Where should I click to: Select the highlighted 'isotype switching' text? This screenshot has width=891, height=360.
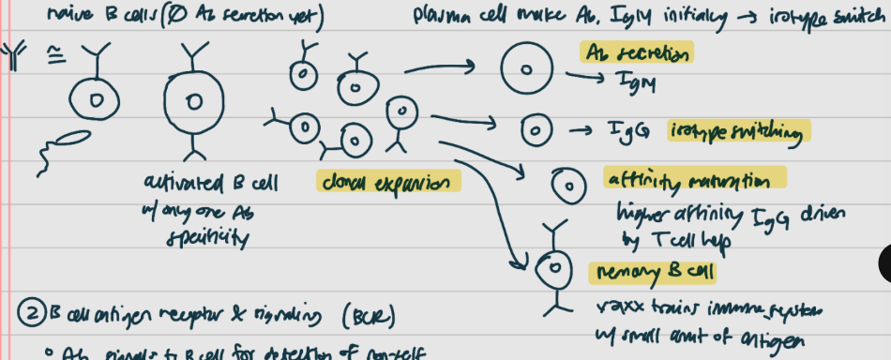(x=737, y=131)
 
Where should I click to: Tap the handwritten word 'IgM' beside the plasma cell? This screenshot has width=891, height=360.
(x=631, y=82)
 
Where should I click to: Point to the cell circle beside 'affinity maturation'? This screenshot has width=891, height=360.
(x=566, y=185)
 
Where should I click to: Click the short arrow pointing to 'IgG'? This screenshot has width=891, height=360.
(x=575, y=128)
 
